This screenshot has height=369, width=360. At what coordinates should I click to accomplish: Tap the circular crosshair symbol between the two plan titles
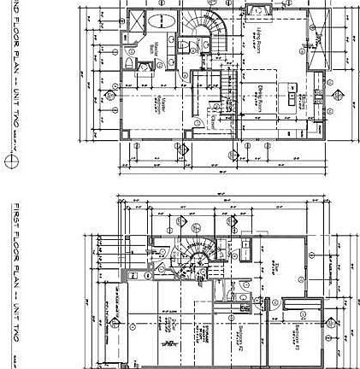[11, 161]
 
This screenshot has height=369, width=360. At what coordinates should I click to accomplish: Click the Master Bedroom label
[159, 105]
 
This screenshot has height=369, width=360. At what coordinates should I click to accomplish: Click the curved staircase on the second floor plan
[205, 38]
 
